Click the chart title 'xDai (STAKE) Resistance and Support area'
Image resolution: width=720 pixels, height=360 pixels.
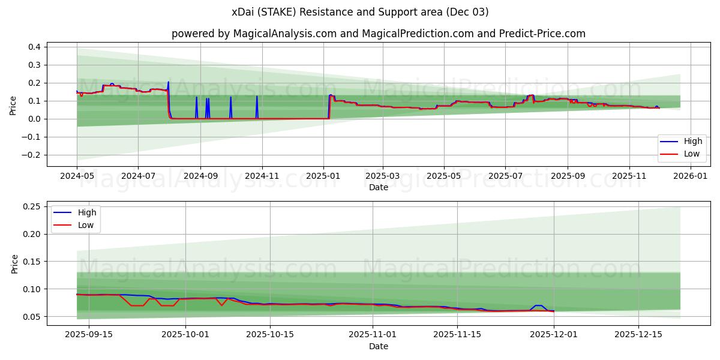[360, 12]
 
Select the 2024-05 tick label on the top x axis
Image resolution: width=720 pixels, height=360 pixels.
[77, 176]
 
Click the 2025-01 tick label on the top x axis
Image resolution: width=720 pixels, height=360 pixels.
[323, 176]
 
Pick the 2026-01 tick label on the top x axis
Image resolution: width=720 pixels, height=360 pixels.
[691, 176]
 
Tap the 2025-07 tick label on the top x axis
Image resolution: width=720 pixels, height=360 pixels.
[505, 176]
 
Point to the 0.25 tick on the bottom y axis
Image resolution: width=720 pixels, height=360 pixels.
[31, 206]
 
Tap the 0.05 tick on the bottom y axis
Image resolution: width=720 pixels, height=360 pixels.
[31, 317]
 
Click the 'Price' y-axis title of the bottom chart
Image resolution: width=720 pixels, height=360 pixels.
[14, 263]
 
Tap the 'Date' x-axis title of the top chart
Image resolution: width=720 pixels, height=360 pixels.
[378, 187]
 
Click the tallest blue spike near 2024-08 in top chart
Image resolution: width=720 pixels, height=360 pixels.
[168, 82]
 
